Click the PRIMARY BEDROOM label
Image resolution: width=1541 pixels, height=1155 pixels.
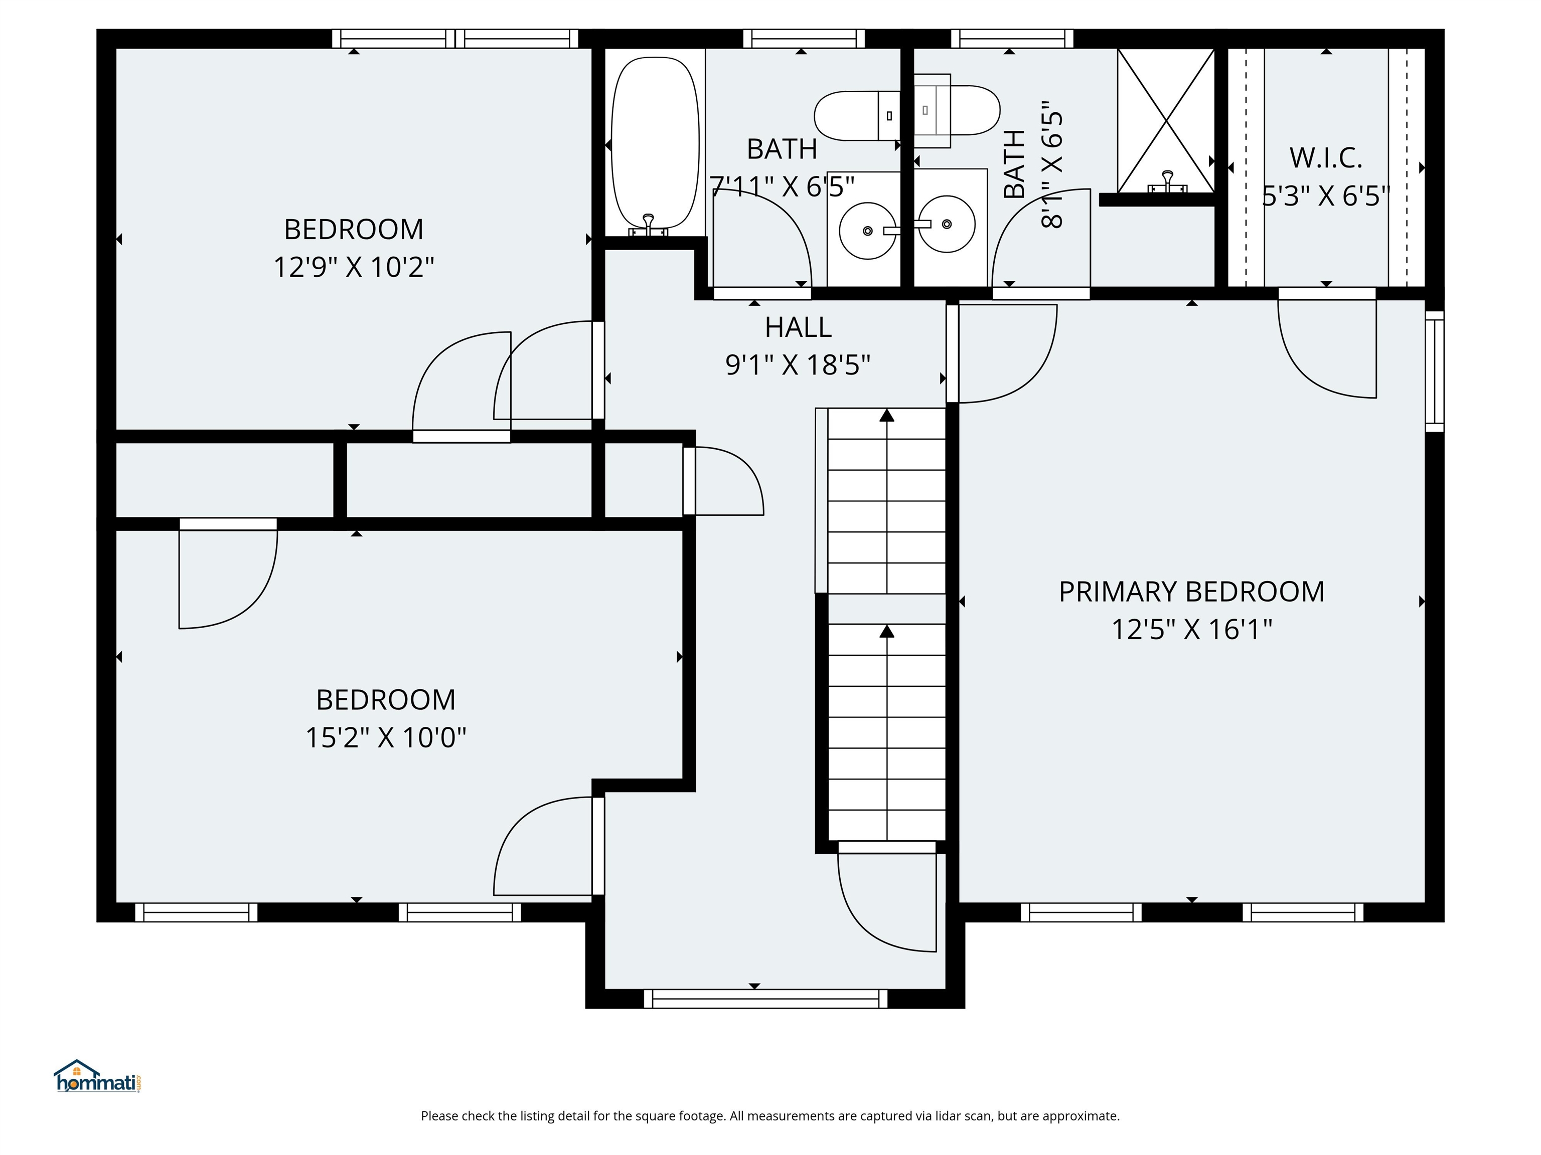pyautogui.click(x=1191, y=592)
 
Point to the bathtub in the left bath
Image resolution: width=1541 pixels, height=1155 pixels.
pyautogui.click(x=654, y=143)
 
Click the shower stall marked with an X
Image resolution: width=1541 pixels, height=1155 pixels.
pyautogui.click(x=1165, y=120)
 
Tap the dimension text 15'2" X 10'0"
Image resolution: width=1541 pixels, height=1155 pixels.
pyautogui.click(x=385, y=737)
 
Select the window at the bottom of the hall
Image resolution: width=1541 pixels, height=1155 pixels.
pyautogui.click(x=765, y=999)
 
